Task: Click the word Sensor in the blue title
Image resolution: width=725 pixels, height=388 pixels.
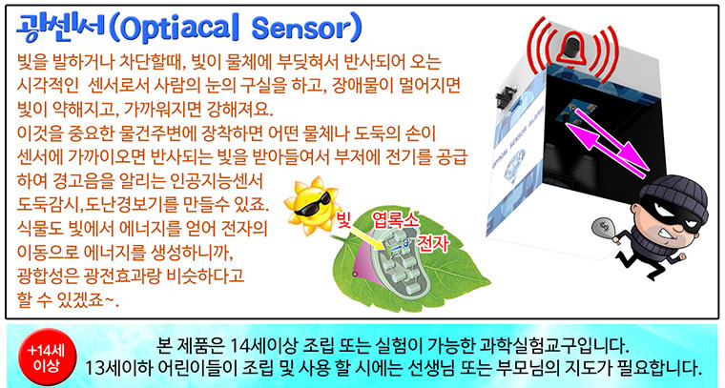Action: tap(306, 29)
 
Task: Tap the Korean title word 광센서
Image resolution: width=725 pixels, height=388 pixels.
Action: tap(60, 29)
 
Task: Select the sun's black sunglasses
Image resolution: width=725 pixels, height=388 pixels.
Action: tap(313, 205)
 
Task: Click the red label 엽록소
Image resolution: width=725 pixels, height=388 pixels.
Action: tap(396, 220)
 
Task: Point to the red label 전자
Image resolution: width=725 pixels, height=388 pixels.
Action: tap(432, 243)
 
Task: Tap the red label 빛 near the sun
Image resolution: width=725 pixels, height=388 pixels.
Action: tap(344, 219)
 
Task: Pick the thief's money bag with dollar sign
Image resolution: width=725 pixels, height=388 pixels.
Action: tap(606, 230)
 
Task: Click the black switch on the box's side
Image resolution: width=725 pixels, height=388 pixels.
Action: tap(506, 94)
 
